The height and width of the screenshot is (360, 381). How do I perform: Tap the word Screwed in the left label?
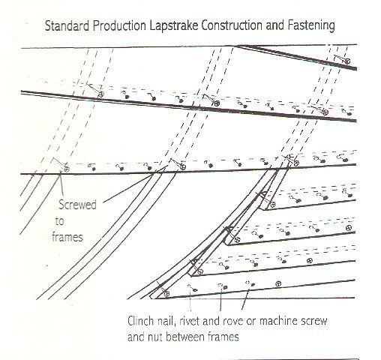click(x=77, y=205)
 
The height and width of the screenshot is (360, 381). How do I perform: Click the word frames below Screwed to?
click(x=67, y=237)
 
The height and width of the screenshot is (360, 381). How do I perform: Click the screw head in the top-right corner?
click(x=347, y=61)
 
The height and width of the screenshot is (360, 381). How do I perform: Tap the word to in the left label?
click(x=60, y=221)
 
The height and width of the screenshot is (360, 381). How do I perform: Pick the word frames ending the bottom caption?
click(x=222, y=337)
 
